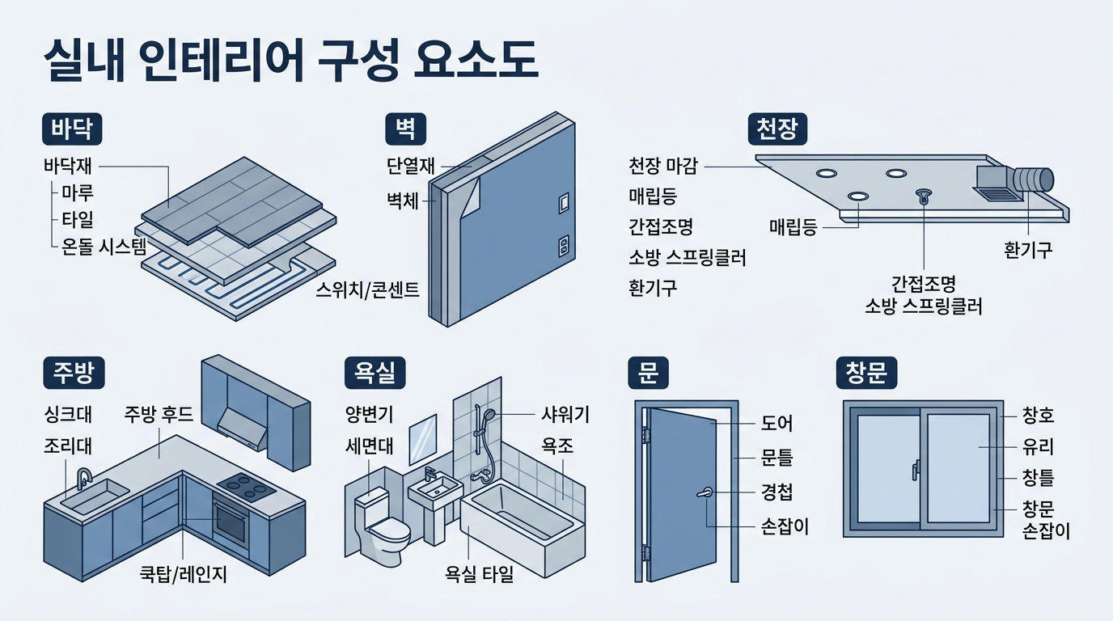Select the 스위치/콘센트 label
pos(368,290)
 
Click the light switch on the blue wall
pos(564,201)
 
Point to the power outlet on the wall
pos(564,244)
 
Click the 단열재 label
pos(411,167)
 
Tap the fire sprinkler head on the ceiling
pos(923,196)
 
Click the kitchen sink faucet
pos(83,477)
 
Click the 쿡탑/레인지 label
pos(184,575)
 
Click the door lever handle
pos(705,492)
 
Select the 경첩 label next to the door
pos(777,493)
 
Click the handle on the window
pos(916,470)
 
